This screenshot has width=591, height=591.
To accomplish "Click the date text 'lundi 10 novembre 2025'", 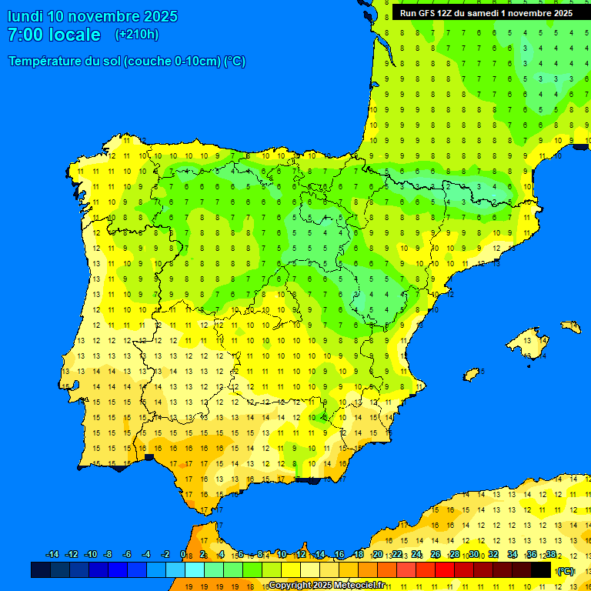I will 92,16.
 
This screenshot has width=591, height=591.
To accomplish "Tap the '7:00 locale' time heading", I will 54,35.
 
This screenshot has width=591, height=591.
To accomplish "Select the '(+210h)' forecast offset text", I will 137,35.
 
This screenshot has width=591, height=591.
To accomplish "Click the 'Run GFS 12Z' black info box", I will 486,13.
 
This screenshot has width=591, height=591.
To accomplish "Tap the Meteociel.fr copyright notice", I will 327,585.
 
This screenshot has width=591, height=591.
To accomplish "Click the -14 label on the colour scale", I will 52,555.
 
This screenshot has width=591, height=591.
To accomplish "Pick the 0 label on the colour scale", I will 182,555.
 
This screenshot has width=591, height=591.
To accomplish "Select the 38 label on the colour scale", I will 550,555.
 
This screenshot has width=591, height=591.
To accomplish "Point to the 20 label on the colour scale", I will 377,555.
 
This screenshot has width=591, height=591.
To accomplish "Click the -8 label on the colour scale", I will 109,555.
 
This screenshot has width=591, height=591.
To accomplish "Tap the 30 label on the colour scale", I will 474,555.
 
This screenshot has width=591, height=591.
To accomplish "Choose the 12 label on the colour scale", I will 300,555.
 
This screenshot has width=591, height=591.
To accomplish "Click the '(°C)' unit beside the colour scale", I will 566,571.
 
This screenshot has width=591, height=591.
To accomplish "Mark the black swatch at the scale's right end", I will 541,570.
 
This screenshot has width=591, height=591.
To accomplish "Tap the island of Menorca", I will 570,326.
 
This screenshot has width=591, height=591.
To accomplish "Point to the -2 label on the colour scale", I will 165,555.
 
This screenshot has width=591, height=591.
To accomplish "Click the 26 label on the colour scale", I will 436,555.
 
